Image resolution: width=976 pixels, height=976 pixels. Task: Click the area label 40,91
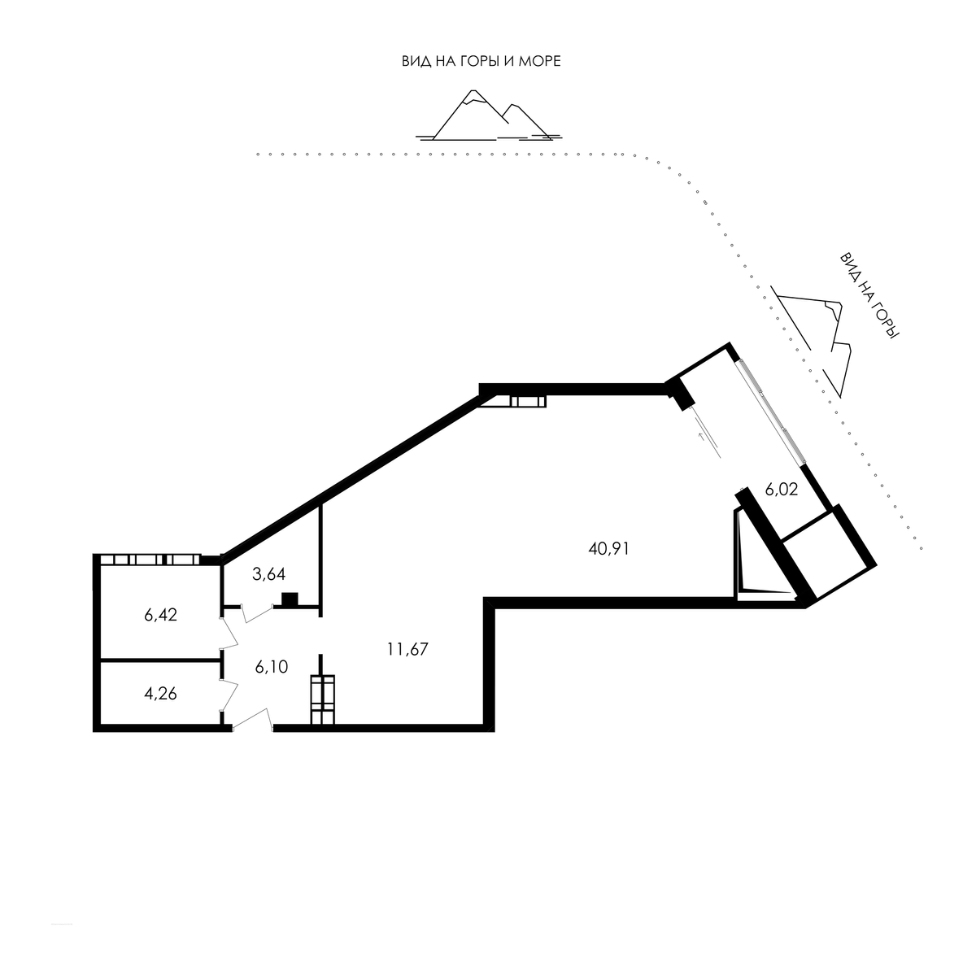(609, 548)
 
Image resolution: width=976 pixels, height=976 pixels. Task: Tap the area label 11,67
(407, 649)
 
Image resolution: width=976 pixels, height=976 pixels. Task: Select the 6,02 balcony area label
(782, 490)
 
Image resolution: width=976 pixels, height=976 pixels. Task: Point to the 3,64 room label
(269, 574)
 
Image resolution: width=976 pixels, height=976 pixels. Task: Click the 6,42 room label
(160, 615)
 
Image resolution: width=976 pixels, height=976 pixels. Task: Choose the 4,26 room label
(160, 694)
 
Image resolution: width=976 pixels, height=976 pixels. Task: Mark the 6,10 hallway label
(272, 667)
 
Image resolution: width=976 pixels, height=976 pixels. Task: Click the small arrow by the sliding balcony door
(701, 437)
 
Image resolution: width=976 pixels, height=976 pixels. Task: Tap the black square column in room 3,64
(290, 599)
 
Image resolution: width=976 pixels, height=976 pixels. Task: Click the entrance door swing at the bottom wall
(253, 719)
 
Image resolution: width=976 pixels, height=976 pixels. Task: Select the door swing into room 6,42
(229, 633)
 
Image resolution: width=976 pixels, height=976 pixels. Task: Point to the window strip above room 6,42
(150, 560)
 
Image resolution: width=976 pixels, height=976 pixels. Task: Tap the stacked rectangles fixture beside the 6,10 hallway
(323, 699)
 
